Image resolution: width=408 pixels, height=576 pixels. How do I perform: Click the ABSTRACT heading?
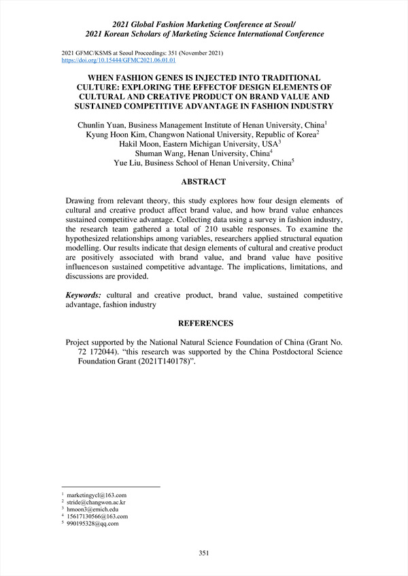point(203,182)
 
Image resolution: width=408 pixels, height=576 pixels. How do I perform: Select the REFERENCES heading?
point(205,324)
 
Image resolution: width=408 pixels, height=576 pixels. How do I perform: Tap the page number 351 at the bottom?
point(204,554)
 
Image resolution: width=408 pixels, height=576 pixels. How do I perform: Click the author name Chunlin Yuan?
point(102,125)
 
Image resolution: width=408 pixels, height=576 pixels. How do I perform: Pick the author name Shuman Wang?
point(162,154)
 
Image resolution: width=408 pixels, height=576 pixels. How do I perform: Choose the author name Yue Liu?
point(129,163)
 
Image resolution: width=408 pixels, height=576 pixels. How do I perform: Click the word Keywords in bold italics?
point(84,295)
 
